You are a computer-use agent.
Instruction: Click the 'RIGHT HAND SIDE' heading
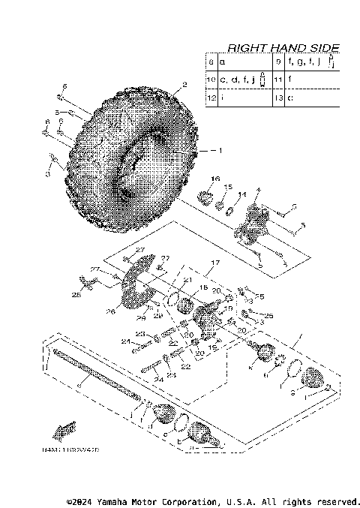coord(283,47)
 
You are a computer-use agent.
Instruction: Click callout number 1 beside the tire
coord(220,150)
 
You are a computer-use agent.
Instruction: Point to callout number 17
coord(214,262)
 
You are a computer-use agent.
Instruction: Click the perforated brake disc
coord(135,289)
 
